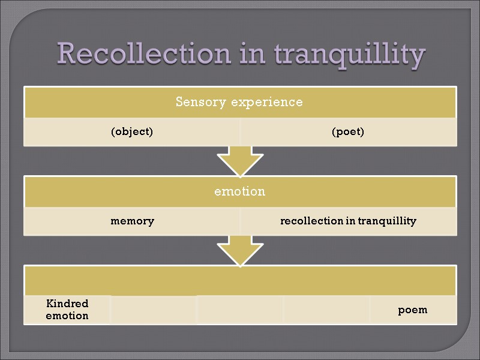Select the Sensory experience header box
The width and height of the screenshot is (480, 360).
pyautogui.click(x=240, y=102)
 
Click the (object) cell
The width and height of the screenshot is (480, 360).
pyautogui.click(x=132, y=132)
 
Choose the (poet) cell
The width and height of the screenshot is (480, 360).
pyautogui.click(x=348, y=132)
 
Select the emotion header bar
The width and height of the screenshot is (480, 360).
pyautogui.click(x=240, y=192)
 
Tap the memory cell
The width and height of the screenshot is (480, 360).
pyautogui.click(x=132, y=221)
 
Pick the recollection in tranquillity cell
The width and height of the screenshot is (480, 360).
pyautogui.click(x=348, y=221)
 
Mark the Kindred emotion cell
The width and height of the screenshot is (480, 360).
pyautogui.click(x=67, y=310)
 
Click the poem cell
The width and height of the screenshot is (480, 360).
pyautogui.click(x=413, y=310)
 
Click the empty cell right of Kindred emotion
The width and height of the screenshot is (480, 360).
pyautogui.click(x=154, y=310)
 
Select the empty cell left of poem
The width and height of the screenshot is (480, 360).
pyautogui.click(x=326, y=310)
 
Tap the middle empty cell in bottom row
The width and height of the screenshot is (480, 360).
pyautogui.click(x=240, y=310)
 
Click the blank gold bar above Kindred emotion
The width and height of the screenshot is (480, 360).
pyautogui.click(x=240, y=280)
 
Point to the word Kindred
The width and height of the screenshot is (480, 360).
pyautogui.click(x=67, y=304)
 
